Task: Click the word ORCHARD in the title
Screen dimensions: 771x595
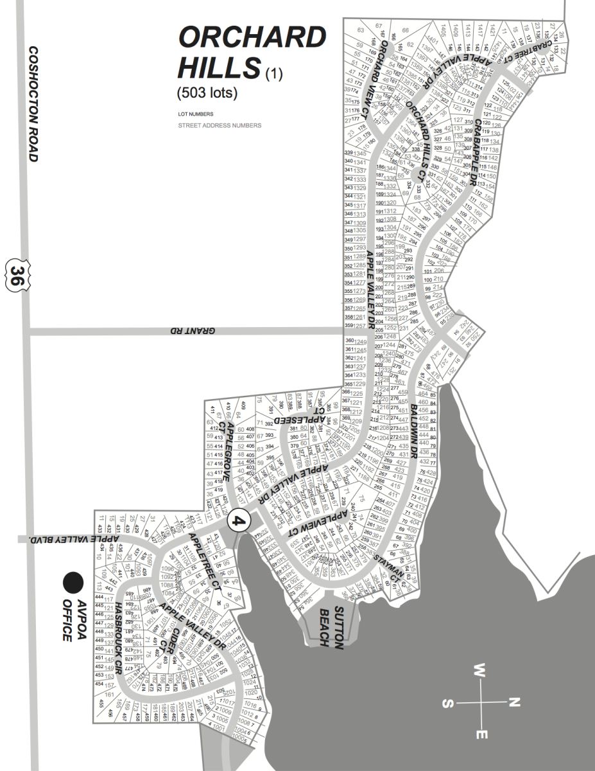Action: [252, 38]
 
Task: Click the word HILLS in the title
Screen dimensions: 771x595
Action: [219, 66]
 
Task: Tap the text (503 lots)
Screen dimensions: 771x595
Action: [207, 93]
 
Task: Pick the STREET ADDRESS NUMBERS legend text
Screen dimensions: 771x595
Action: [220, 125]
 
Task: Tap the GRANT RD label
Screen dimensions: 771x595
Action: [192, 331]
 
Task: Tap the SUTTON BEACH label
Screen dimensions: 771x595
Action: [332, 627]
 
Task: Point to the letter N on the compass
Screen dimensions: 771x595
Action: [513, 702]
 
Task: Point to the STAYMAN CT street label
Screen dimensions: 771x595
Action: [393, 568]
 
